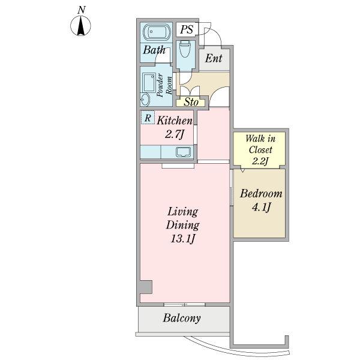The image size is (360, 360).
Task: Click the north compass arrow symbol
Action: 80,26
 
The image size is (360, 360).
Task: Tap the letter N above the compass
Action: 82,10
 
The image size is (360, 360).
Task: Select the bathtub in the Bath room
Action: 157,32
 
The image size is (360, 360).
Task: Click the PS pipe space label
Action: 187,29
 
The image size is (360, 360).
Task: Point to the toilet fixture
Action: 185,49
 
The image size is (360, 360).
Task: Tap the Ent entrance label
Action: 214,58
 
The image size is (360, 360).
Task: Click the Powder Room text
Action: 164,85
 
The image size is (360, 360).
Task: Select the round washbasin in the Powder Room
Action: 145,100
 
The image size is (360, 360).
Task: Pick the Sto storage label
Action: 191,102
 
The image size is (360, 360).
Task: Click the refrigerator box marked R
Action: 148,118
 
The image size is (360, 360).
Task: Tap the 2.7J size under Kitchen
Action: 175,134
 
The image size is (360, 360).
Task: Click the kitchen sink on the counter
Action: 183,152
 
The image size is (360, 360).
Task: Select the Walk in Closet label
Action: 260,144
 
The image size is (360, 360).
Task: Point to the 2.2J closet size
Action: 260,161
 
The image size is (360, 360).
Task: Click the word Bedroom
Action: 261,193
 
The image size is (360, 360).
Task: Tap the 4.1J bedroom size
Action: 261,207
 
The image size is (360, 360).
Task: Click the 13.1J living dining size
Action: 183,239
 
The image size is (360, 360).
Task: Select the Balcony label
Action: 182,318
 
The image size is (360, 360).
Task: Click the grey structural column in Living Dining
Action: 146,287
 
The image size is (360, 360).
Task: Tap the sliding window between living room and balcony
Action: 184,304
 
